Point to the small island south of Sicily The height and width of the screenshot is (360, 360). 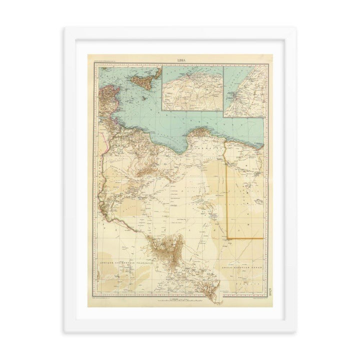[x=144, y=98]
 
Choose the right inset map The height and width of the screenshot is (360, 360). [x=243, y=91]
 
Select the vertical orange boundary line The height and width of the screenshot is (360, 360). [x=227, y=190]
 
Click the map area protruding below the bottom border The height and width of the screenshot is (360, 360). [x=215, y=298]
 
